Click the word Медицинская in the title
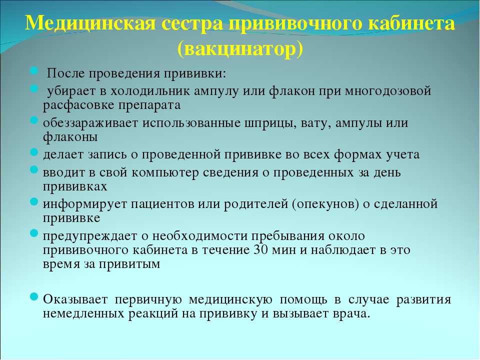[90, 23]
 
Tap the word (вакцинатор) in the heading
[240, 48]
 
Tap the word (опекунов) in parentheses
[325, 204]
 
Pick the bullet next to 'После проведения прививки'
[34, 71]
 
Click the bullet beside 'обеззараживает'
[34, 120]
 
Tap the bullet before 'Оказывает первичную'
[34, 296]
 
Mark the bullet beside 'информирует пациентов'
[34, 201]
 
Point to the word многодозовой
[388, 91]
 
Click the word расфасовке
[79, 105]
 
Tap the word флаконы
[70, 137]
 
